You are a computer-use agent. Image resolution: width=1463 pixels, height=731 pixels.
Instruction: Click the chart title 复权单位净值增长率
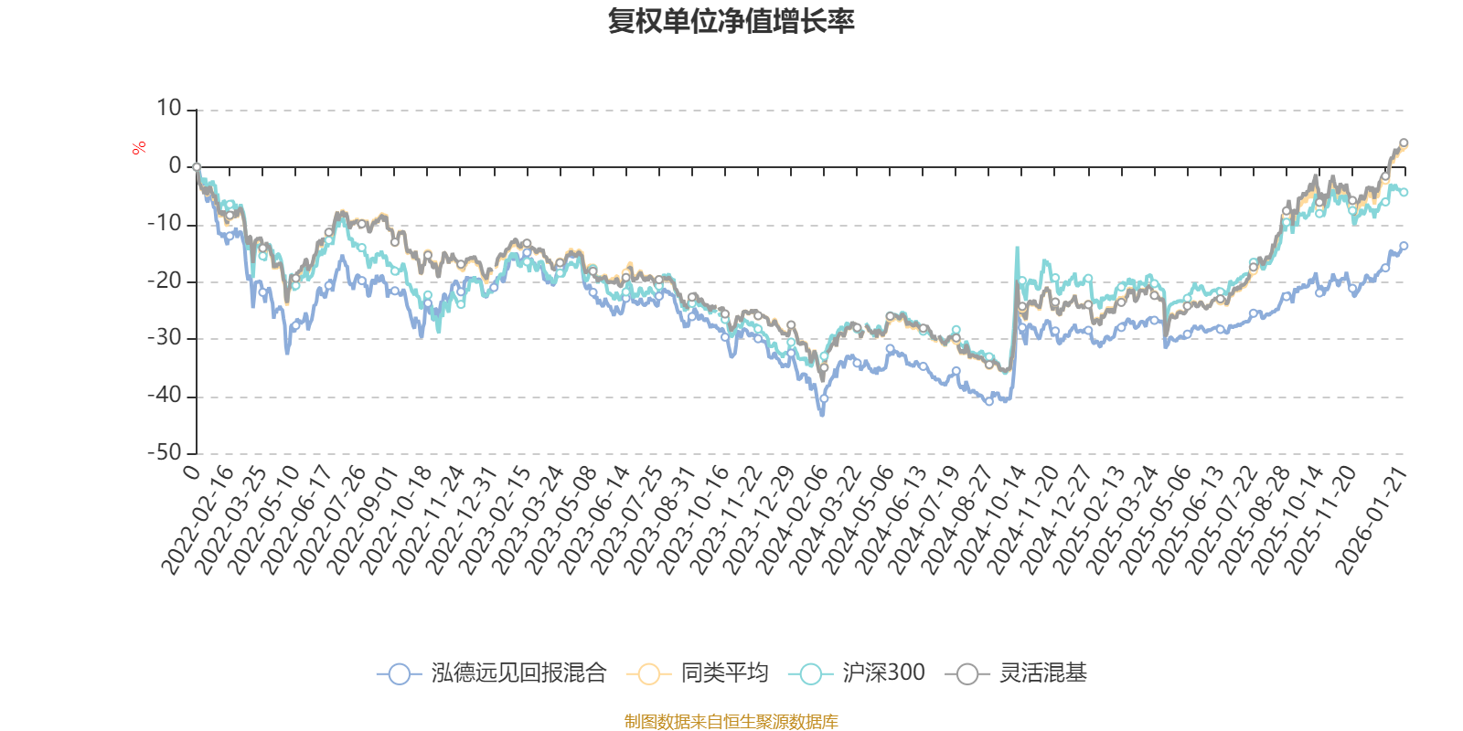731,21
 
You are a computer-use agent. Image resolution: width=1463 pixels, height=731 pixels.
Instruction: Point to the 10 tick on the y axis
169,109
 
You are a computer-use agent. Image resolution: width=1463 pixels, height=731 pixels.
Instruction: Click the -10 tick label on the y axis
165,224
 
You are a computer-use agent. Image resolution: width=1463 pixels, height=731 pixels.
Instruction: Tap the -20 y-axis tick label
165,281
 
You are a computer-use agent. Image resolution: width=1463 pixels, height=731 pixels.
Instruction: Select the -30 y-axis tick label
165,338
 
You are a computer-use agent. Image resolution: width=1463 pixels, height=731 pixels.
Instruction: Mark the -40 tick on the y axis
165,396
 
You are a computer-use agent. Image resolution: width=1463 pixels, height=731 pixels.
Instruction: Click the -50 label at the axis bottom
165,452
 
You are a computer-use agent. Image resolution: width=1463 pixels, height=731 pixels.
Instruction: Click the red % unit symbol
139,148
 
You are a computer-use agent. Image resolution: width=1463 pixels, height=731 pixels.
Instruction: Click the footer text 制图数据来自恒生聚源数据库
731,722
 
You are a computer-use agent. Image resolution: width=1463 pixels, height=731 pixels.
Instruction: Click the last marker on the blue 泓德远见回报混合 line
1404,246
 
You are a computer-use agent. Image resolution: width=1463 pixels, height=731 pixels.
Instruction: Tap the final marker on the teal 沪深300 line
1404,192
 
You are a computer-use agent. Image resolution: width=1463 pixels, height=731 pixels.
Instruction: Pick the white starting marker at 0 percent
197,167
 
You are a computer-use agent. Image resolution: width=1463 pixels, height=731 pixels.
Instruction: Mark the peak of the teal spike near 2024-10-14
1017,248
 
